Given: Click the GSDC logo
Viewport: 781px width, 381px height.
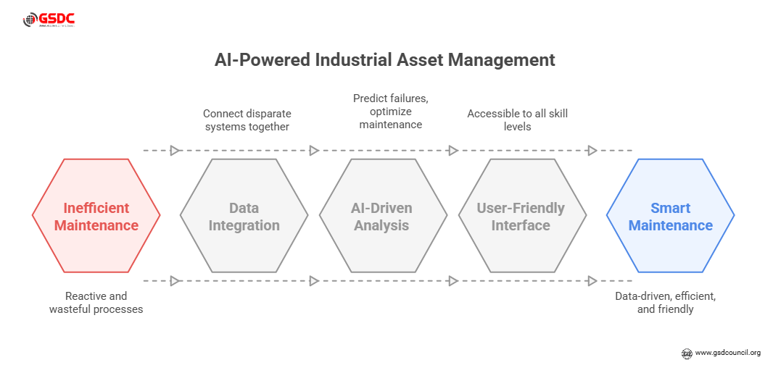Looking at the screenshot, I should pos(49,20).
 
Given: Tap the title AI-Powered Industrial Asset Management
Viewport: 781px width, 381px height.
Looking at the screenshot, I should pos(384,60).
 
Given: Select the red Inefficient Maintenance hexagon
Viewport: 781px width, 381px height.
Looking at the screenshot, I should pos(96,217).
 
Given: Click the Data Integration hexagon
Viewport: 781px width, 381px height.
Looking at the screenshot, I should pos(244,217).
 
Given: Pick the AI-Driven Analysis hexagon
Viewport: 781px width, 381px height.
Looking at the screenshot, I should pos(383,217).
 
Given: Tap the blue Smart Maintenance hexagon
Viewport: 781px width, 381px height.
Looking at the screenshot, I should pos(670,217).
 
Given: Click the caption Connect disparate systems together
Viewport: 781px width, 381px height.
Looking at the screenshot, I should pos(247,120).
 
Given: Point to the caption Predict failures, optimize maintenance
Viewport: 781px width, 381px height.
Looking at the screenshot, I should pos(390,111).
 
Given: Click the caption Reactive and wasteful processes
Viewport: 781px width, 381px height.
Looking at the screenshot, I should pos(96,303).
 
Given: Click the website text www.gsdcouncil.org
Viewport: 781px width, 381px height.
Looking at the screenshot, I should pos(727,353).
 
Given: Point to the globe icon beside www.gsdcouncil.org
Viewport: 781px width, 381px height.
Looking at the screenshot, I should pos(686,353).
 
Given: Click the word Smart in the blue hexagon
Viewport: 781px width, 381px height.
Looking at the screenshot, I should pos(670,209).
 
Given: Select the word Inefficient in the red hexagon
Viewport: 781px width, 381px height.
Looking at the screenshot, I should pos(96,209).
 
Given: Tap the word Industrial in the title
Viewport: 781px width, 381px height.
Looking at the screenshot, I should pos(353,60).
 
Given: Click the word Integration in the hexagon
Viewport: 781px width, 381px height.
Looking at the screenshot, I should pos(244,225).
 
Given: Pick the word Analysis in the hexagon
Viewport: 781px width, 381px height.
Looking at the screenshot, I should pos(381,225).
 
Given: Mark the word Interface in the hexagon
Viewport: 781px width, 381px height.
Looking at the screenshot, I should pos(520,225).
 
